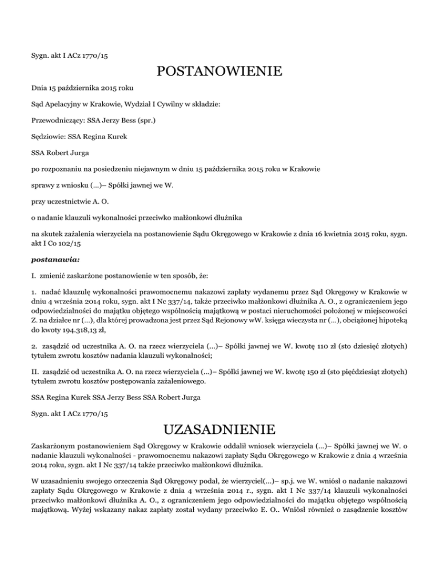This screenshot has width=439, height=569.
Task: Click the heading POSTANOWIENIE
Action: point(219,72)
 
